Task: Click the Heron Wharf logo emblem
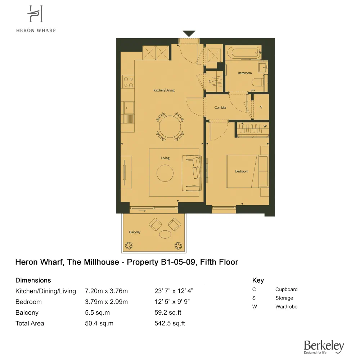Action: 36,15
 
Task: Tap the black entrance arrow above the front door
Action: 189,33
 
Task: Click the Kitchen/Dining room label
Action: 164,90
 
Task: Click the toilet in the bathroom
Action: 260,82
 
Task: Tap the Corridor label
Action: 220,108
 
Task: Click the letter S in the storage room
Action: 261,107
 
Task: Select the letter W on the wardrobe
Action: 265,126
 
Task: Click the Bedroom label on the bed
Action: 242,171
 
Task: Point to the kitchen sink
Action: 128,107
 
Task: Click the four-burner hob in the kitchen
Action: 128,82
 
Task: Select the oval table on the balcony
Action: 166,234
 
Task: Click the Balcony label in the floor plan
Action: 135,232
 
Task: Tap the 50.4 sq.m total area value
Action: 99,323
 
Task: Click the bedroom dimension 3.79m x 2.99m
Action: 106,302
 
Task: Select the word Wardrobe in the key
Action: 286,307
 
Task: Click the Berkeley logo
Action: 324,347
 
